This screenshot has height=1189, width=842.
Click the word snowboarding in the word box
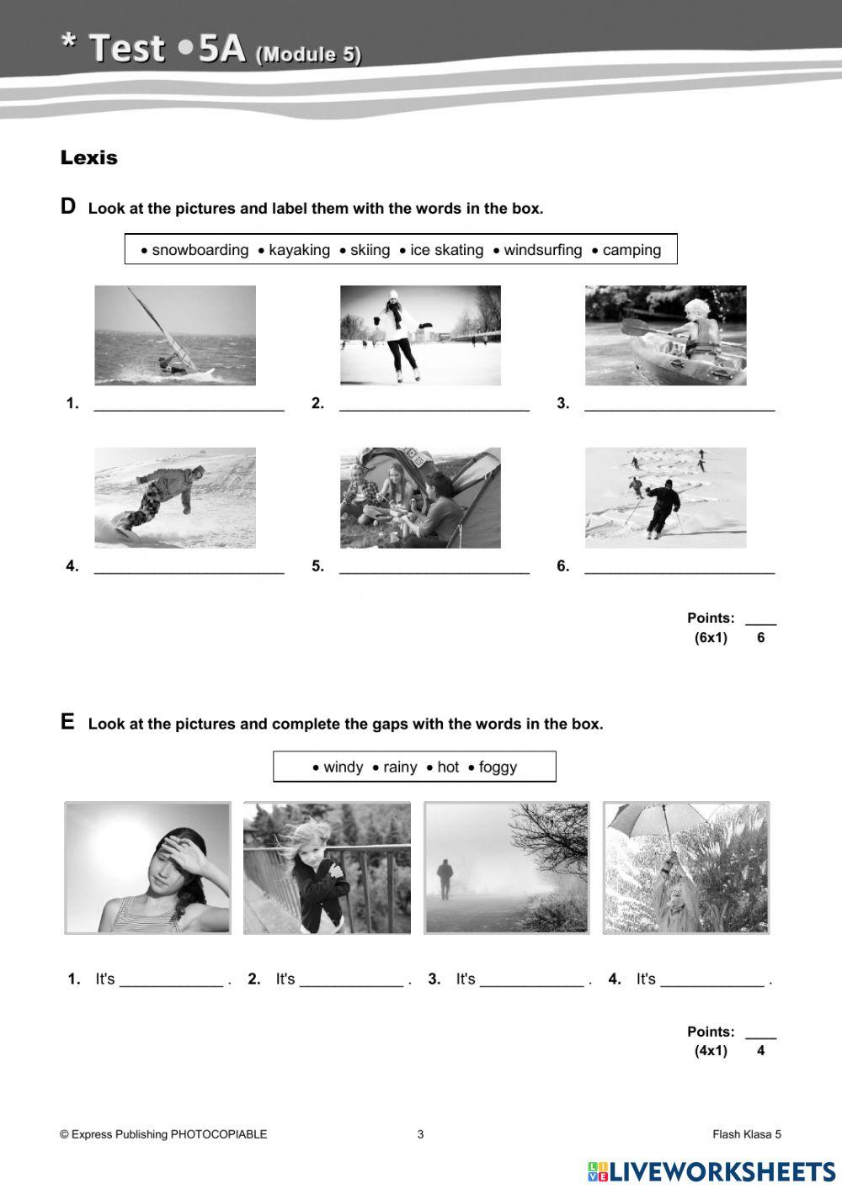[200, 250]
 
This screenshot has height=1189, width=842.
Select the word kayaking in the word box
[299, 250]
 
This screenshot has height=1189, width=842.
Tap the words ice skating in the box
[446, 250]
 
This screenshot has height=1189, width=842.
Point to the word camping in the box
[631, 250]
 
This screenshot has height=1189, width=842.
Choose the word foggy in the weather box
[498, 767]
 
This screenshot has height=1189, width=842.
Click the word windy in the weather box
[343, 767]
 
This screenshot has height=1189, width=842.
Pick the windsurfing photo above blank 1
[175, 335]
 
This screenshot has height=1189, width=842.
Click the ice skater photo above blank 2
[420, 335]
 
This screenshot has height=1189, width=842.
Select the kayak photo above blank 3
[665, 335]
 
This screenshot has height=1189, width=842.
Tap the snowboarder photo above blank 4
[175, 497]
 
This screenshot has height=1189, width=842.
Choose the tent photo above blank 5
[420, 497]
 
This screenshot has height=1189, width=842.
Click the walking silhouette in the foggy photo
[443, 879]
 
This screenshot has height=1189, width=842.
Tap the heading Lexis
[88, 157]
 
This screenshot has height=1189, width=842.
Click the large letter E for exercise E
[67, 722]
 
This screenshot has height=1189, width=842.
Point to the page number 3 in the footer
[420, 1134]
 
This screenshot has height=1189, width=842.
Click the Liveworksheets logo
[711, 1171]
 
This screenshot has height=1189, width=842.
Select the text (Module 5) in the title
[308, 55]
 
